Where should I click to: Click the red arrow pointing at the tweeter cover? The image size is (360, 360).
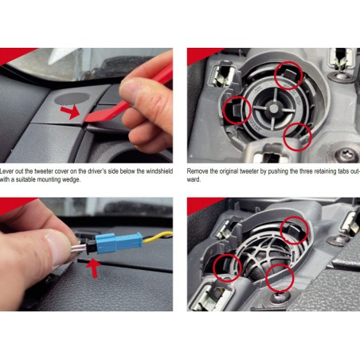[x=71, y=112]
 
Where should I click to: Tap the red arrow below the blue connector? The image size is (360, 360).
[x=93, y=268]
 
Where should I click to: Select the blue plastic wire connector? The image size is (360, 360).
[x=119, y=242]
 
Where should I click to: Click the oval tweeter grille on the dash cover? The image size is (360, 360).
[x=72, y=99]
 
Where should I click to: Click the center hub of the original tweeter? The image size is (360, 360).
[x=274, y=108]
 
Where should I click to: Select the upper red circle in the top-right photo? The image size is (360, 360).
[x=288, y=76]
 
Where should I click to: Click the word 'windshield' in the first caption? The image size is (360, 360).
[x=159, y=171]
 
